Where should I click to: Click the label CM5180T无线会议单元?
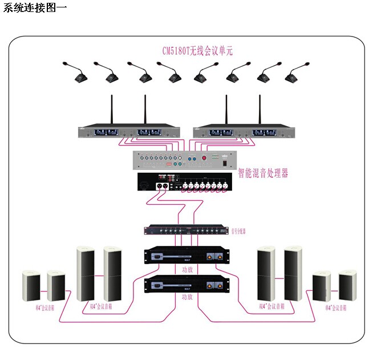[x=197, y=51]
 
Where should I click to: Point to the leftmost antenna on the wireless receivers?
[x=111, y=108]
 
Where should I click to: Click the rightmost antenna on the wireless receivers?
[x=260, y=108]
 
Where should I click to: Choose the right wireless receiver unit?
[x=244, y=132]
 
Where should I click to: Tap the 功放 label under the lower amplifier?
[x=187, y=297]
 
